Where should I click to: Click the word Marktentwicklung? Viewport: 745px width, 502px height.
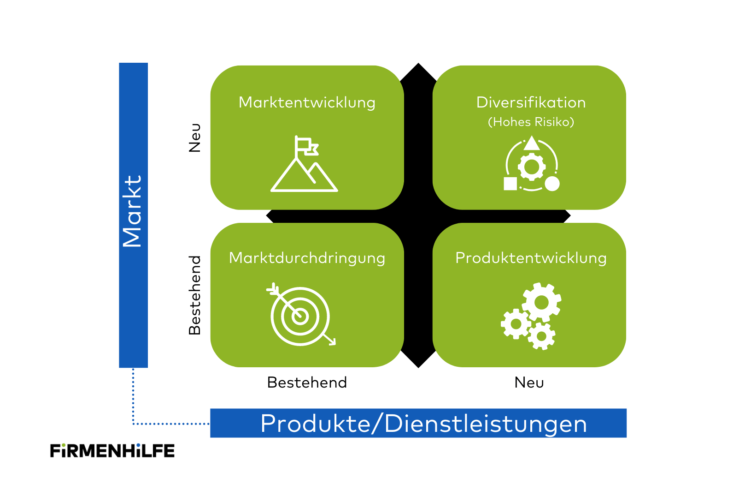(307, 102)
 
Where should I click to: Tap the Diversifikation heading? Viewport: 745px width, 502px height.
(531, 102)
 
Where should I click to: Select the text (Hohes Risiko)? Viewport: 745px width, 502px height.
(531, 122)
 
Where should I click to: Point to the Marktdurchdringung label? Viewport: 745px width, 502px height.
(307, 258)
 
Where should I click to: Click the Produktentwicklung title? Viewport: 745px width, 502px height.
(531, 258)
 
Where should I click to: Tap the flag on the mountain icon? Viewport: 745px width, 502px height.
(307, 146)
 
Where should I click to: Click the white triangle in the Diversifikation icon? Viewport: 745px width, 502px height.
(531, 143)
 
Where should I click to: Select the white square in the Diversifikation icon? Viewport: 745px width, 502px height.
(510, 184)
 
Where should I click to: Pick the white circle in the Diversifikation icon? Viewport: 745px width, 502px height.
(552, 184)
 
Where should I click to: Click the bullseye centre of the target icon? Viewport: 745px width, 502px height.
(300, 316)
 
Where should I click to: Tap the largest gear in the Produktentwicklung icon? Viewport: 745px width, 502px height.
(541, 303)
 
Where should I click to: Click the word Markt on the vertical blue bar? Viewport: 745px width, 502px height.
(133, 211)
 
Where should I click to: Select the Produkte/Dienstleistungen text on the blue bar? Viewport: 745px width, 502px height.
(423, 424)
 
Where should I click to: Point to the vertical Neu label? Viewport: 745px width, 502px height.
(195, 137)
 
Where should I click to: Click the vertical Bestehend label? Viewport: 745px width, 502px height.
(195, 295)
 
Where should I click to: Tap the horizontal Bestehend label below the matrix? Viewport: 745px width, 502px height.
(307, 382)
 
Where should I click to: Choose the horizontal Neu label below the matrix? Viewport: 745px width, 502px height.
(529, 382)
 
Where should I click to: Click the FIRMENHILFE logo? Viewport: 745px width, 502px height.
(112, 451)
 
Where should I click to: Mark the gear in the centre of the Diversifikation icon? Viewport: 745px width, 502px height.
(532, 167)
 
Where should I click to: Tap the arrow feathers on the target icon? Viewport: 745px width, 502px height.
(273, 289)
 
